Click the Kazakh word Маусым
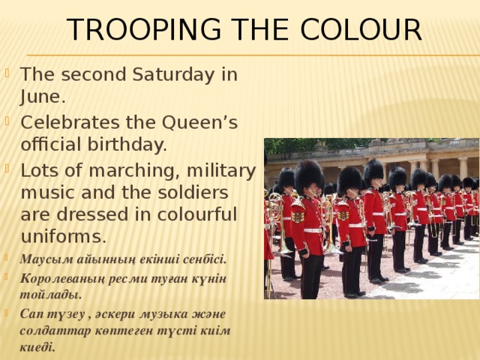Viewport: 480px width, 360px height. click(46, 259)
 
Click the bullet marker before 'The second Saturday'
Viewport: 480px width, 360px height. click(7, 74)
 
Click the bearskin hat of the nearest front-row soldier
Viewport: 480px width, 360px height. click(309, 177)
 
